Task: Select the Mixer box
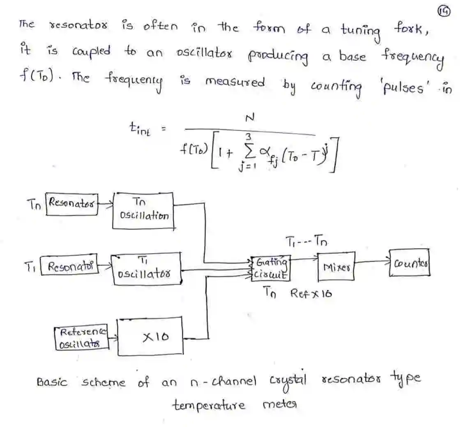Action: pyautogui.click(x=336, y=267)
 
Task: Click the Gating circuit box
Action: pyautogui.click(x=270, y=268)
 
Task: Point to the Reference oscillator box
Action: pyautogui.click(x=81, y=338)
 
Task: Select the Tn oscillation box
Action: pyautogui.click(x=143, y=210)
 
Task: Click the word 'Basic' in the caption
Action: pyautogui.click(x=52, y=383)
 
